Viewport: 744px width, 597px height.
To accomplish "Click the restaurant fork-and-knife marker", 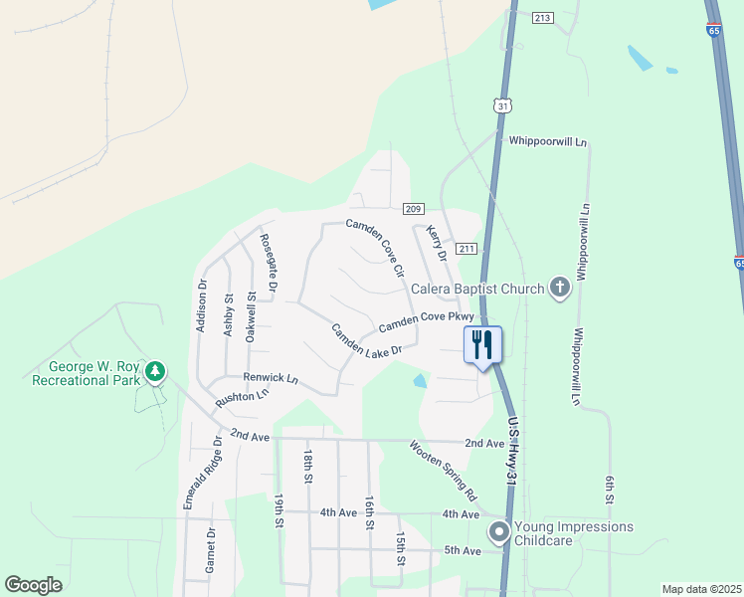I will pyautogui.click(x=483, y=345).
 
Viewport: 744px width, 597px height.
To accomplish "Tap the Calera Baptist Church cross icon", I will pyautogui.click(x=559, y=289).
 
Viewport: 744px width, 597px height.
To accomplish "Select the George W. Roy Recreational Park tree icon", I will pyautogui.click(x=155, y=372).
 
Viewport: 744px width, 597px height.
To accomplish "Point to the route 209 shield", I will pyautogui.click(x=415, y=208).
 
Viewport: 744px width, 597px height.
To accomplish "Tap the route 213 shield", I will pyautogui.click(x=542, y=18).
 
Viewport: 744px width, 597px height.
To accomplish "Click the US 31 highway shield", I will pyautogui.click(x=503, y=105).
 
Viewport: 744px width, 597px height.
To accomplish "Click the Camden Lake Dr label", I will pyautogui.click(x=366, y=340).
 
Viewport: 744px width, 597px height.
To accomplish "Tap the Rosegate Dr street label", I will pyautogui.click(x=270, y=262).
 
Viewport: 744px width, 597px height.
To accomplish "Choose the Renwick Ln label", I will pyautogui.click(x=271, y=378).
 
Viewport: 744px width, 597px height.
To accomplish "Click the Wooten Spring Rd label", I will pyautogui.click(x=444, y=470).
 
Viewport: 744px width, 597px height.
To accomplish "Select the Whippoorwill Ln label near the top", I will pyautogui.click(x=548, y=142).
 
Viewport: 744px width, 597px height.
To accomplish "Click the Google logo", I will pyautogui.click(x=33, y=585).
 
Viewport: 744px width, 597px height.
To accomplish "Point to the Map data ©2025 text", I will pyautogui.click(x=700, y=589).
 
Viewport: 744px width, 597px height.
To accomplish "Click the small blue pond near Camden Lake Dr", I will pyautogui.click(x=420, y=380).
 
